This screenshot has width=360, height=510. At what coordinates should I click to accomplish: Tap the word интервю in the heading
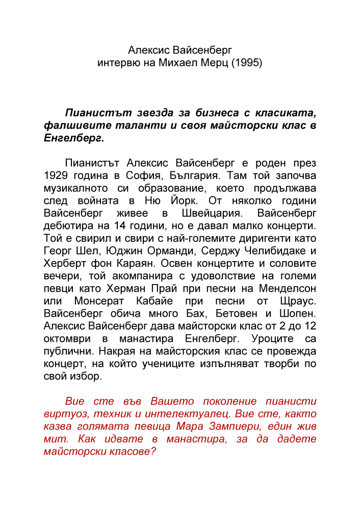click(116, 64)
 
